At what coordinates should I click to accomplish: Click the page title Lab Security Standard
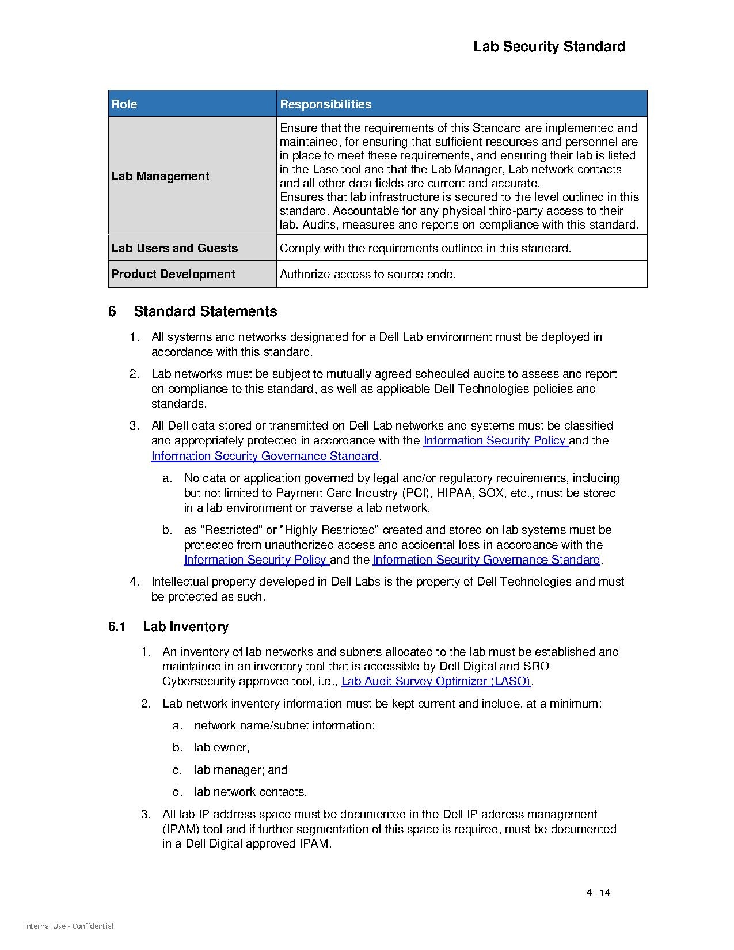549,47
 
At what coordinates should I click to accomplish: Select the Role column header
124,104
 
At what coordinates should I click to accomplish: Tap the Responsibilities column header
325,104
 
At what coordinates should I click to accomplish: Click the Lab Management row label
161,176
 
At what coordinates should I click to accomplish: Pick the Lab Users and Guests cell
174,248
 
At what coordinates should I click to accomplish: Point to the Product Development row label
173,274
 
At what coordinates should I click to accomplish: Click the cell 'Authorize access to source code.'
367,274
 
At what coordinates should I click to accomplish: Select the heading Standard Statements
206,311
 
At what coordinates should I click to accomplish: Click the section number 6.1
117,626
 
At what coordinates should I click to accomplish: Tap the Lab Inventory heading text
185,626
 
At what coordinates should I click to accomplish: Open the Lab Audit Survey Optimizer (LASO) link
436,681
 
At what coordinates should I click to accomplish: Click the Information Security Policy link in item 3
496,440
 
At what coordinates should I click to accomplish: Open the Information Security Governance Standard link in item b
486,560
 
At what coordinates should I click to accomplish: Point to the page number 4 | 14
598,893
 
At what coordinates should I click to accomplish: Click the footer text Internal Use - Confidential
69,926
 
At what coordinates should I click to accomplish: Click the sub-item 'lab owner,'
222,747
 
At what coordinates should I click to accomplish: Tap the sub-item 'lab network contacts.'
250,792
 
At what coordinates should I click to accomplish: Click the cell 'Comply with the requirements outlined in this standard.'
425,248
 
